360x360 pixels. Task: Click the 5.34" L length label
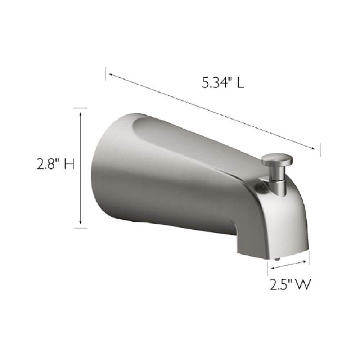click(x=223, y=83)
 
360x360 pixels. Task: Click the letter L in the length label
click(x=240, y=83)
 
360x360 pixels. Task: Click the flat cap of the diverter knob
click(x=276, y=159)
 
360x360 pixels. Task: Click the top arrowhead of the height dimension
click(x=81, y=113)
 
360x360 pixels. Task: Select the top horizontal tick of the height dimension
click(x=81, y=108)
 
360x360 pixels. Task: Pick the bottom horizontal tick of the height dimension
click(x=81, y=228)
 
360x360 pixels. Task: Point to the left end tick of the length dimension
click(x=105, y=73)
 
